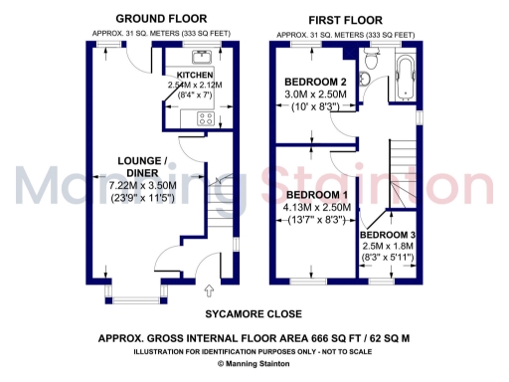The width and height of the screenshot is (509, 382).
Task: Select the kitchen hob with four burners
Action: pyautogui.click(x=208, y=118)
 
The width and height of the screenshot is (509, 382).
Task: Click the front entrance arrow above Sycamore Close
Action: pyautogui.click(x=209, y=290)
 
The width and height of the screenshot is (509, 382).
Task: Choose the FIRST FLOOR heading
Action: pyautogui.click(x=345, y=19)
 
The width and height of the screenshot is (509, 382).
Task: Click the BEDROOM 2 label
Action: pyautogui.click(x=315, y=82)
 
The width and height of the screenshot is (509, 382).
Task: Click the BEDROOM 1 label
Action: pyautogui.click(x=315, y=194)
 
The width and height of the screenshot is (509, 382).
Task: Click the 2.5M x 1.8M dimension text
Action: pyautogui.click(x=387, y=245)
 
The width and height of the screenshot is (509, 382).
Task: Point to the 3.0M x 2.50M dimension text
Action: pyautogui.click(x=315, y=95)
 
